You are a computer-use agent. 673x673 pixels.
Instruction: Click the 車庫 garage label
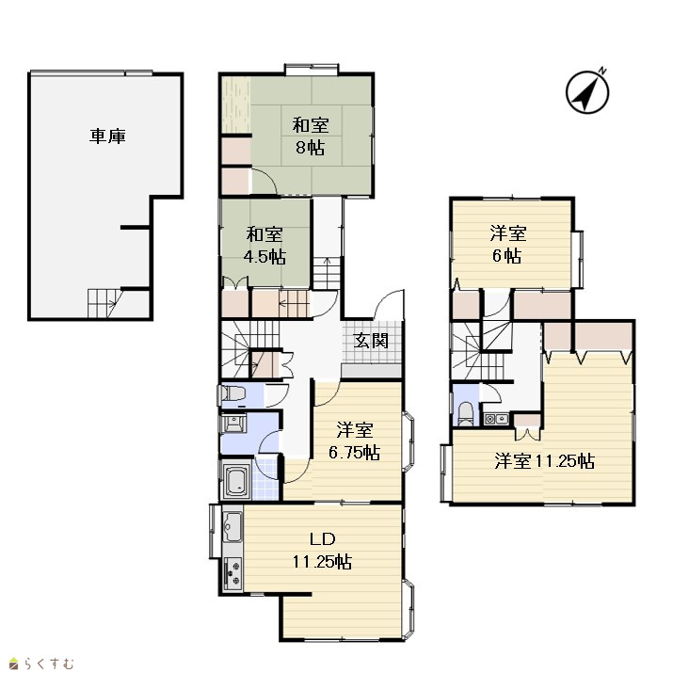click(107, 136)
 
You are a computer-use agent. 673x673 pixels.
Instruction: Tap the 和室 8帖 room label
click(311, 136)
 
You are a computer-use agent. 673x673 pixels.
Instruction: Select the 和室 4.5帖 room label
click(264, 246)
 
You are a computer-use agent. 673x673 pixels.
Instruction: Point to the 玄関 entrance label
click(371, 341)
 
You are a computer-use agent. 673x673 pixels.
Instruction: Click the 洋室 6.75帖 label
click(355, 441)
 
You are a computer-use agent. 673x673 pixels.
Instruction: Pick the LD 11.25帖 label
click(322, 551)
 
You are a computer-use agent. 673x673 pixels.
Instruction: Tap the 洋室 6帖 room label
click(508, 245)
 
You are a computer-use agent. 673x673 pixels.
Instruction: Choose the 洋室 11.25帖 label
click(545, 461)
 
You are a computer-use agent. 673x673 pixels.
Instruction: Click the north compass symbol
click(587, 91)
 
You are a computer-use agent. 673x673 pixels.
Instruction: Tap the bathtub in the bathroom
click(235, 481)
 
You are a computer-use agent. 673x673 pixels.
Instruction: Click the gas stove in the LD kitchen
click(232, 573)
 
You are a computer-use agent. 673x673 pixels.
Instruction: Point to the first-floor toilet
click(232, 393)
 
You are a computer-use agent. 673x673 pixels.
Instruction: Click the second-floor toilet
click(465, 413)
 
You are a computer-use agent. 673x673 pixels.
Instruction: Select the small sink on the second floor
click(497, 419)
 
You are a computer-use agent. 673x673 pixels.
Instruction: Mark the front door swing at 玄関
click(389, 304)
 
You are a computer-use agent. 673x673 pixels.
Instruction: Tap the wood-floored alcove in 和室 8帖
click(235, 105)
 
